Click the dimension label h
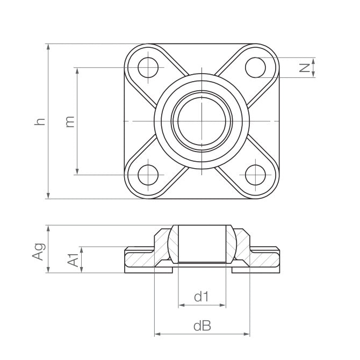click(x=39, y=121)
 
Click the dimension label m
click(x=69, y=121)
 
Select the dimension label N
click(x=304, y=68)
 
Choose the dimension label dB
click(x=201, y=326)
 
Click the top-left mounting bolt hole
click(x=148, y=68)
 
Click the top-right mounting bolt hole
click(x=255, y=67)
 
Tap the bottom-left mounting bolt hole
click(x=148, y=175)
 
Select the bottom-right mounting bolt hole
click(x=255, y=175)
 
